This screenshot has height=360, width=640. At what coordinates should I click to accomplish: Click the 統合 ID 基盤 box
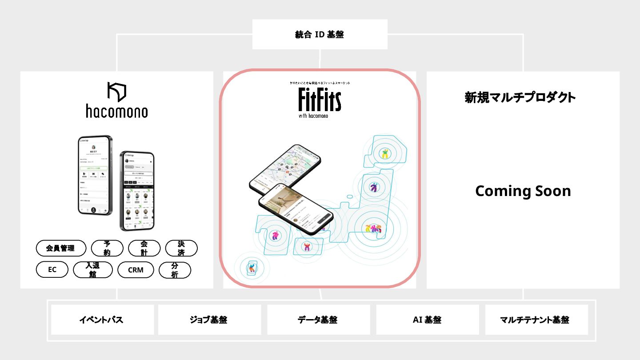click(320, 35)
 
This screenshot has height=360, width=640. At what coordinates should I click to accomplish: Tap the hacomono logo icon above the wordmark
click(116, 92)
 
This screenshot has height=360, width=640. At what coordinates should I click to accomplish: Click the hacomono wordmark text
click(116, 111)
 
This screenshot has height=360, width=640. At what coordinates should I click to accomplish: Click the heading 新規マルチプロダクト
click(520, 97)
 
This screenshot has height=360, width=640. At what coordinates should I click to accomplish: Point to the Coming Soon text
click(523, 191)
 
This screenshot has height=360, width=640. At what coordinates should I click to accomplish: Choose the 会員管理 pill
click(61, 248)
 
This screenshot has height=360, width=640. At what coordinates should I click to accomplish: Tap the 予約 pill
click(107, 248)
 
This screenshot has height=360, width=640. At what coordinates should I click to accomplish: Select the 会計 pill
click(144, 248)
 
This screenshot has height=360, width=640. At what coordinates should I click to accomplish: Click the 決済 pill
click(181, 248)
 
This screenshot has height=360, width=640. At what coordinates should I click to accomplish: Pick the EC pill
click(52, 270)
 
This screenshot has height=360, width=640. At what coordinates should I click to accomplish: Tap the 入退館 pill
click(92, 270)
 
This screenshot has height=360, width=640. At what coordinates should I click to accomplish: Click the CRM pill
click(136, 270)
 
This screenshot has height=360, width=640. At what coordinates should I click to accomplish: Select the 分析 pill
click(175, 270)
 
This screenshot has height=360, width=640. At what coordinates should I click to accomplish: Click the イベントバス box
click(102, 320)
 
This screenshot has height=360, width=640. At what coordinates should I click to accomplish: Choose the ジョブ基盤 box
click(209, 320)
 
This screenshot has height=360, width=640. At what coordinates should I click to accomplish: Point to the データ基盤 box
click(318, 320)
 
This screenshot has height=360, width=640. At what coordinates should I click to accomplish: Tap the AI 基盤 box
click(427, 320)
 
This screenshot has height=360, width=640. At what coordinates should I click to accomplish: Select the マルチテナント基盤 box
click(536, 320)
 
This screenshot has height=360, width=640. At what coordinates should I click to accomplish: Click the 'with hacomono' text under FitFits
click(314, 116)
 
